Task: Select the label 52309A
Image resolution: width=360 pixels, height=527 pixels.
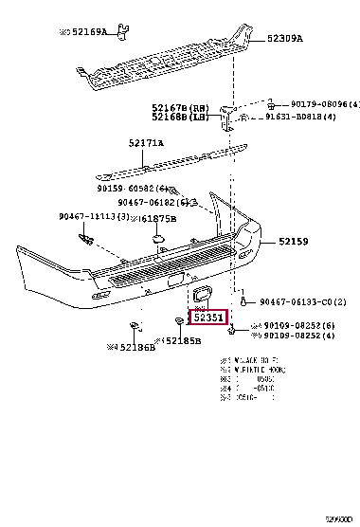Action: [x=284, y=39]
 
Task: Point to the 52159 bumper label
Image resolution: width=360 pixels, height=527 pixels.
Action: [x=292, y=243]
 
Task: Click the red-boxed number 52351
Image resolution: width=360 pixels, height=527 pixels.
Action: [x=208, y=318]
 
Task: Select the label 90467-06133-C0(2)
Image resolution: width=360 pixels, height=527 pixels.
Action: [x=302, y=301]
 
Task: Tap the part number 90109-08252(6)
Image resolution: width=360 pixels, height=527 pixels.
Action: [x=298, y=325]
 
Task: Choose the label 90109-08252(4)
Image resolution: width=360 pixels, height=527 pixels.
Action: [x=298, y=336]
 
